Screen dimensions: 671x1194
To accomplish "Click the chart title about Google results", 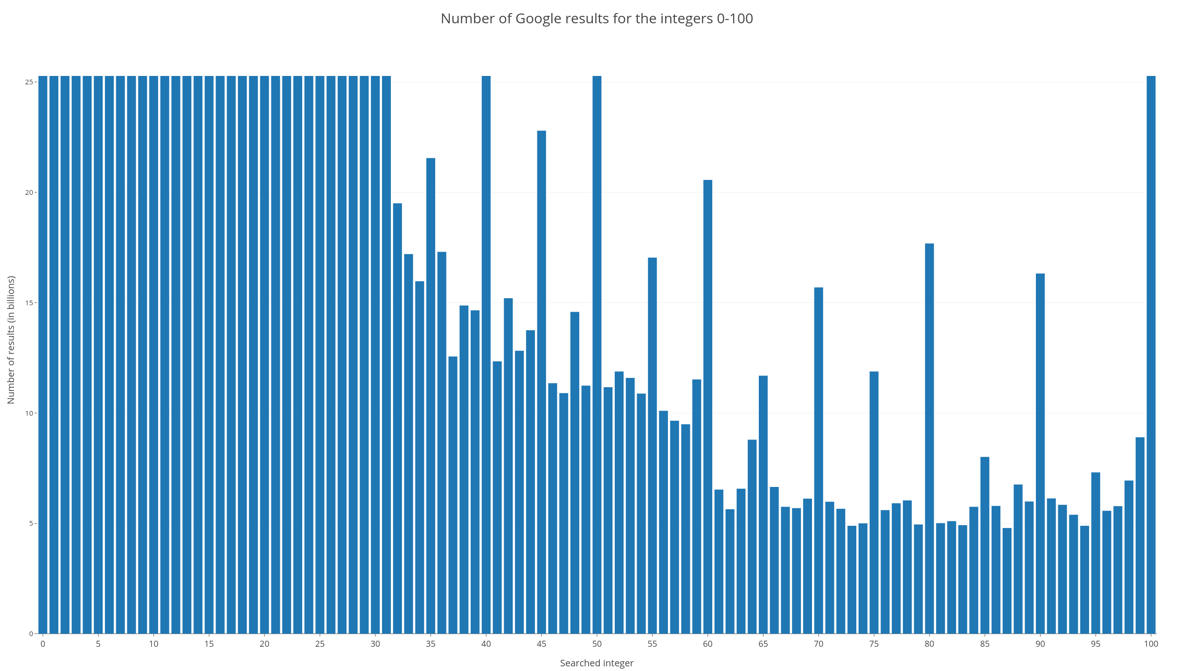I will click(597, 19).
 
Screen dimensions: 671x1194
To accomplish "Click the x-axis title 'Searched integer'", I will click(597, 663).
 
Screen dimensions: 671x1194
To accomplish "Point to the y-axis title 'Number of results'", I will click(11, 340).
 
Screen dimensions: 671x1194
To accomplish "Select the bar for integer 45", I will click(541, 382).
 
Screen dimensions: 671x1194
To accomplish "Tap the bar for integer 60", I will click(708, 406).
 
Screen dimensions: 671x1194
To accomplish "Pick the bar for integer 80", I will click(929, 438).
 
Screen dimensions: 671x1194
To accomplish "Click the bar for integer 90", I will click(1040, 453).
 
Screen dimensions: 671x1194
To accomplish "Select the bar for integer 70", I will click(819, 460).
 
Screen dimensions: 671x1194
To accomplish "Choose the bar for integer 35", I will click(430, 396).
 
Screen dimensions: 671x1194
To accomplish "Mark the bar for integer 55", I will click(652, 445).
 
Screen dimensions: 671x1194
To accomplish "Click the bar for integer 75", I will click(874, 502).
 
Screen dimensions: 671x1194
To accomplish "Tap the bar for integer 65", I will click(763, 504).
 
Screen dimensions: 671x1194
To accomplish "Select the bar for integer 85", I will click(985, 545).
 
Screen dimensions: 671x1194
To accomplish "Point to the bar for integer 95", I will click(1096, 553).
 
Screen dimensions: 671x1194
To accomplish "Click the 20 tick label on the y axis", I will click(29, 192).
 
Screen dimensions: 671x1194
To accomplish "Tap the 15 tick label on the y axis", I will click(29, 303).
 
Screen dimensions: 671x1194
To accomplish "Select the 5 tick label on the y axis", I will click(30, 523).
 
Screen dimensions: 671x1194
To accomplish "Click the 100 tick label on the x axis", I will click(1151, 644).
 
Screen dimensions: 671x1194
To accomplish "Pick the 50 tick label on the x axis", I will click(597, 644).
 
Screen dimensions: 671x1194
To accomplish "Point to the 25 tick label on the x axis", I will click(319, 644).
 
